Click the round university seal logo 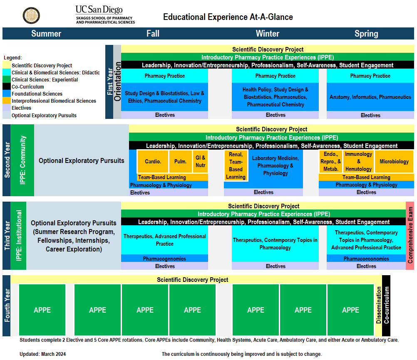point(31,15)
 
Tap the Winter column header point(267,34)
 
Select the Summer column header point(46,34)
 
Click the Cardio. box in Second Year point(153,161)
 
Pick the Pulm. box point(180,161)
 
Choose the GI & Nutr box point(200,161)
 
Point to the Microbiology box point(394,161)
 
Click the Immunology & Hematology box point(358,161)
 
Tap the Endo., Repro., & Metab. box point(330,161)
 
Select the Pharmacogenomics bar point(165,259)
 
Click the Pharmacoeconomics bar point(366,259)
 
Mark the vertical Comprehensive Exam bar point(410,236)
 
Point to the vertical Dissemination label point(378,305)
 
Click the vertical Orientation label point(117,81)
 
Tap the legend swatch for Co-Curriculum point(7,86)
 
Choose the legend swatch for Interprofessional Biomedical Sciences point(7,101)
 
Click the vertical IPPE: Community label point(22,160)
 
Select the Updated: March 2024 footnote point(42,354)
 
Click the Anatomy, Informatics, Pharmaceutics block point(370,97)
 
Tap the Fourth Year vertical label point(7,306)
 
